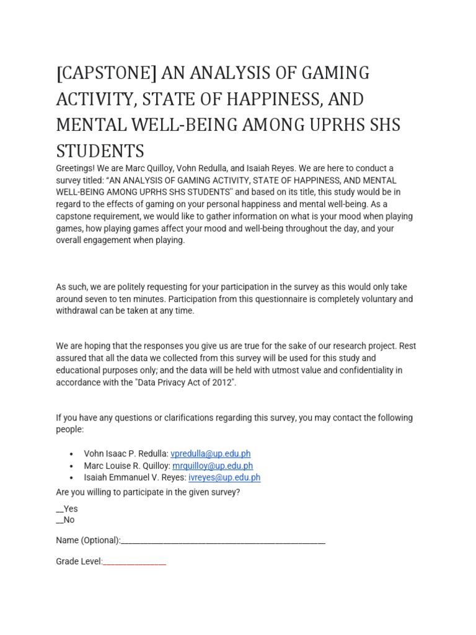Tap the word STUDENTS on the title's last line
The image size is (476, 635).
click(100, 150)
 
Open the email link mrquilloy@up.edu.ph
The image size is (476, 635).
click(213, 466)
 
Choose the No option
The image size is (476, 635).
click(65, 520)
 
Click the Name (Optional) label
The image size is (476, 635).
click(87, 540)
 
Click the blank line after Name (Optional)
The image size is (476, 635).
click(223, 541)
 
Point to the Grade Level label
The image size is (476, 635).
click(79, 562)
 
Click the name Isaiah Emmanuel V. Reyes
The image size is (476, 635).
click(134, 477)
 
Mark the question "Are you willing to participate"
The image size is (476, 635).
click(148, 492)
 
